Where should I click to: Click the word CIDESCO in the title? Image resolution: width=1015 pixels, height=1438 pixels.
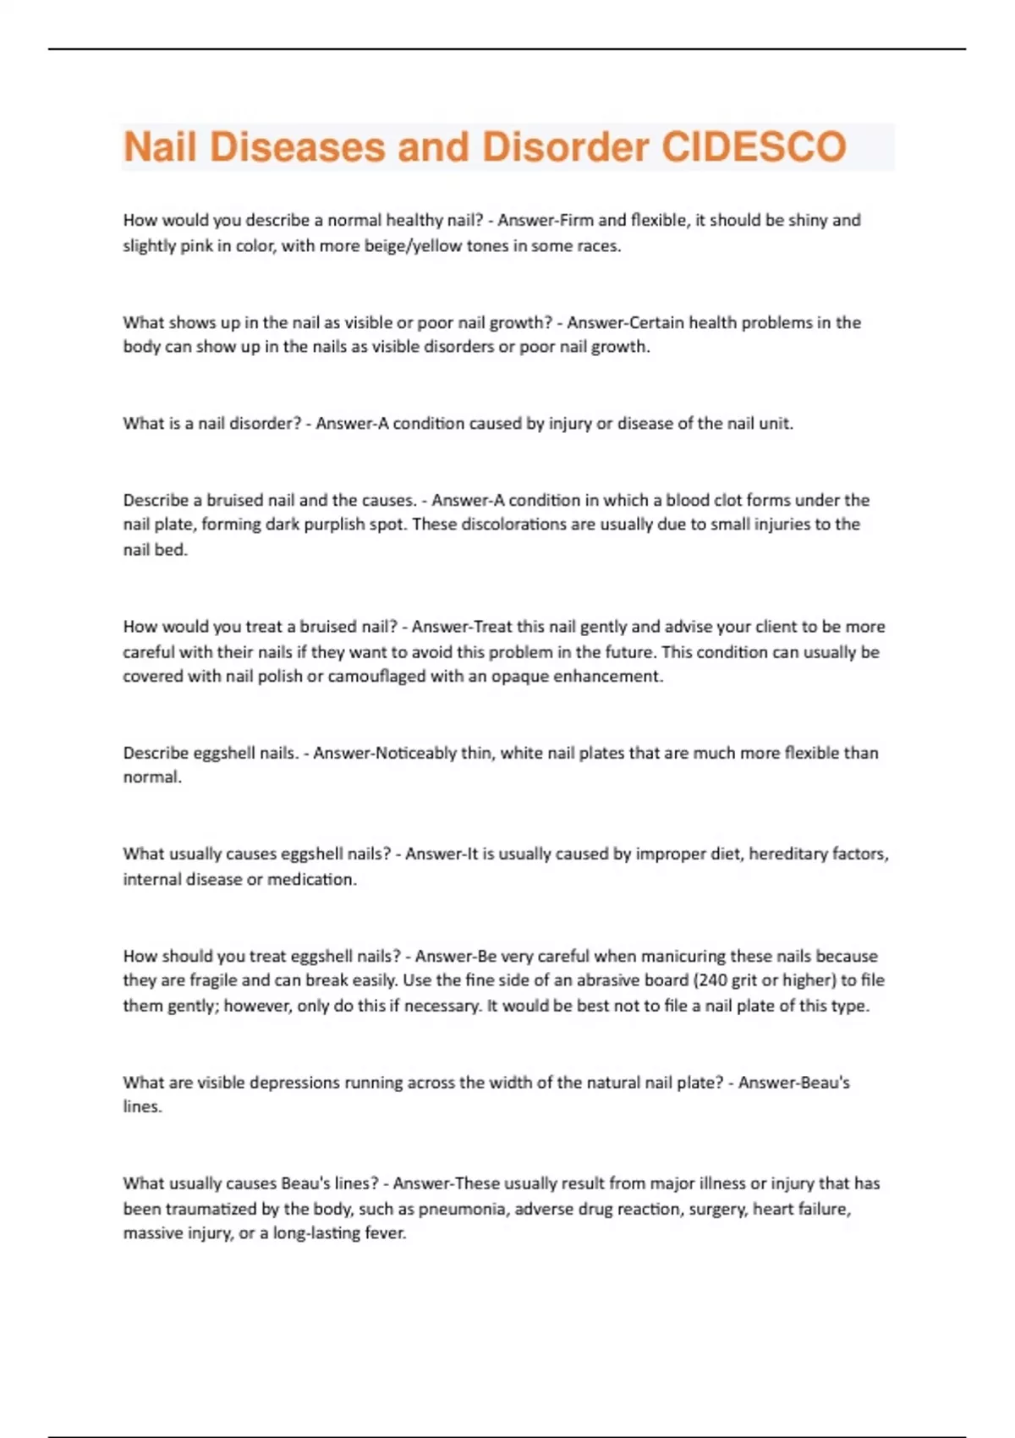tap(753, 147)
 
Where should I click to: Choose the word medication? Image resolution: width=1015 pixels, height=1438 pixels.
tap(311, 880)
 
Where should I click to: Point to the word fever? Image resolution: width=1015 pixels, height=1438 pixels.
tap(386, 1234)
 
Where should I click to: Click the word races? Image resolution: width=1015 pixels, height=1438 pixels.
tap(595, 246)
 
